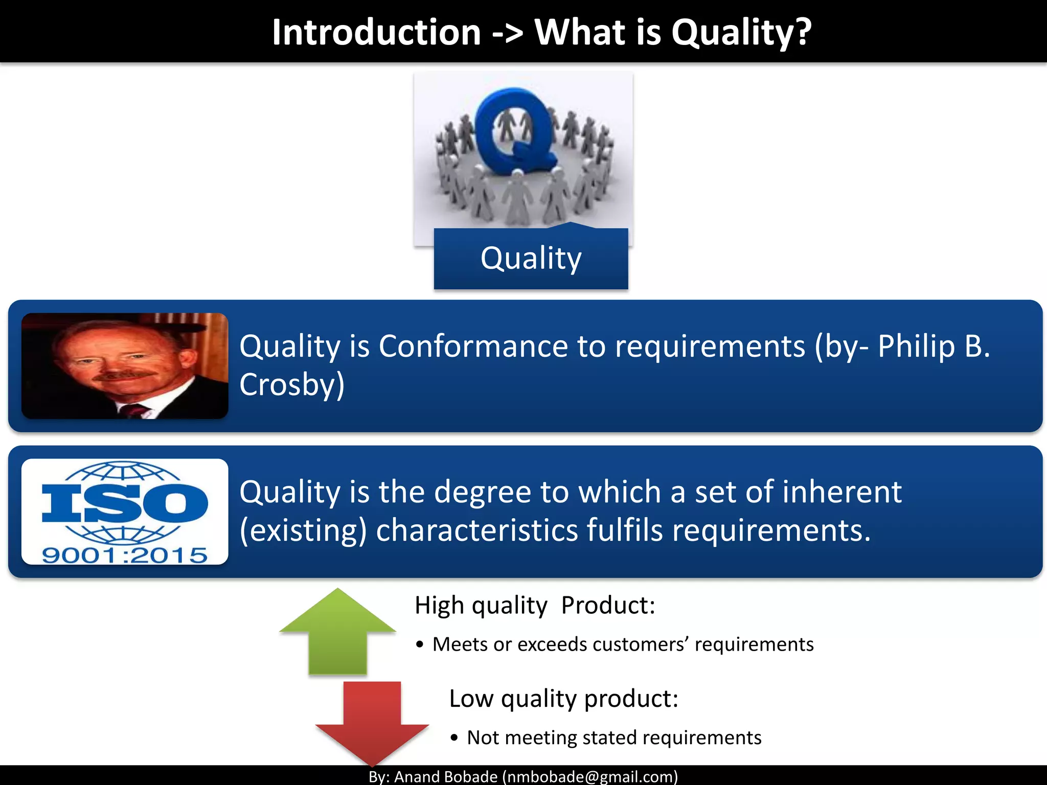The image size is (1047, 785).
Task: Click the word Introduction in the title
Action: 376,33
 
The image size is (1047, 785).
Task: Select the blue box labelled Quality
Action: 531,259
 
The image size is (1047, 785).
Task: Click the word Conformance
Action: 472,347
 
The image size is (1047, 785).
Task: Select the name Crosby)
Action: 292,384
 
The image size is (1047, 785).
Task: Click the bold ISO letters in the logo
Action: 125,503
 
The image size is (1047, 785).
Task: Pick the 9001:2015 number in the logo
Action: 125,555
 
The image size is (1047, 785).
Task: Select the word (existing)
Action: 303,530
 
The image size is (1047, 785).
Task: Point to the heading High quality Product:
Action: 535,606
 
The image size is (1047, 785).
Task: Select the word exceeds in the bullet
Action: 552,644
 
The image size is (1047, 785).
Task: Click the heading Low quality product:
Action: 563,699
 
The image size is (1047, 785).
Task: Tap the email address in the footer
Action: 590,777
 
